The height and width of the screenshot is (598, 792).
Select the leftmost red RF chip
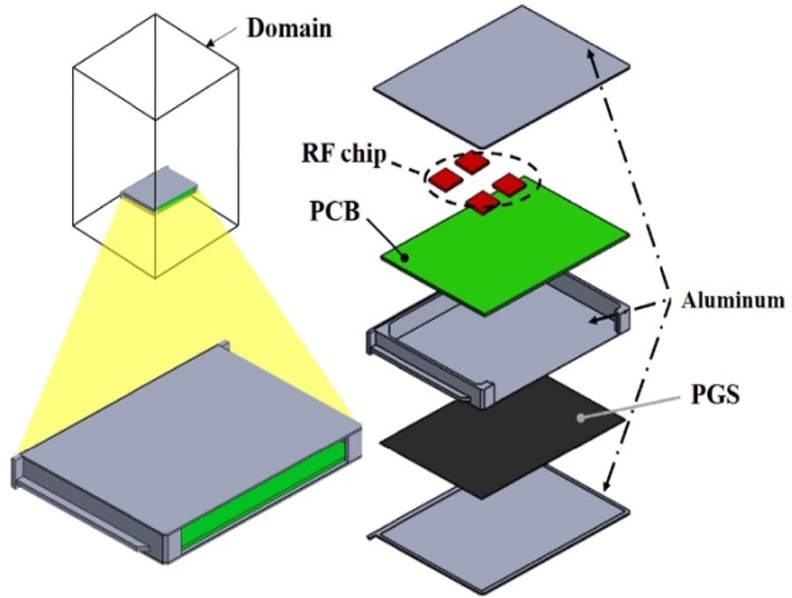tap(445, 179)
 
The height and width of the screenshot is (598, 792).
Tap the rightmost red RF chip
tap(508, 184)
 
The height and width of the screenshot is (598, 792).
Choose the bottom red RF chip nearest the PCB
tap(482, 203)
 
